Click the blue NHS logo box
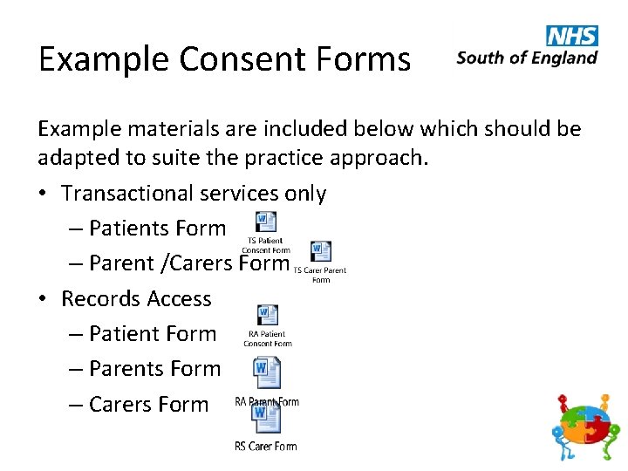572,36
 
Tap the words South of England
527,58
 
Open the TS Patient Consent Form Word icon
266,222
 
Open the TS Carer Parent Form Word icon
321,252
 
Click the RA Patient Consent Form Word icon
268,315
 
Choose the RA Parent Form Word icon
266,373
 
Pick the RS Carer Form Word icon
266,417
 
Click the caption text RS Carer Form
265,447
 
